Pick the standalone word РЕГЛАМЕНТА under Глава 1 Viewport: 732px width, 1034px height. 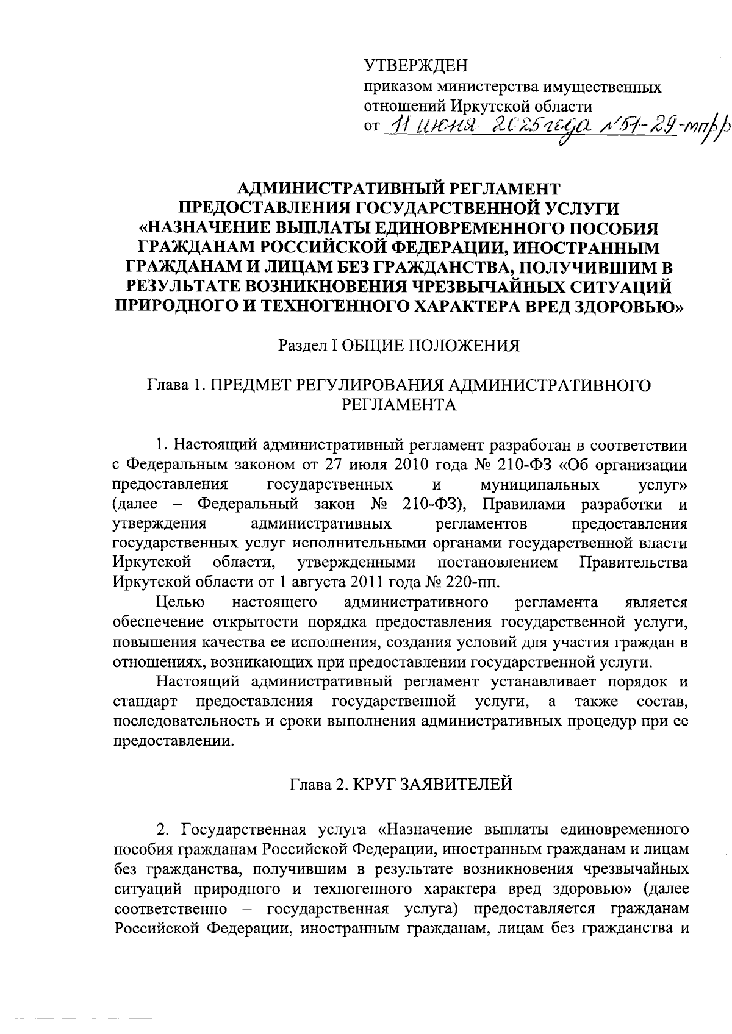(x=400, y=405)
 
